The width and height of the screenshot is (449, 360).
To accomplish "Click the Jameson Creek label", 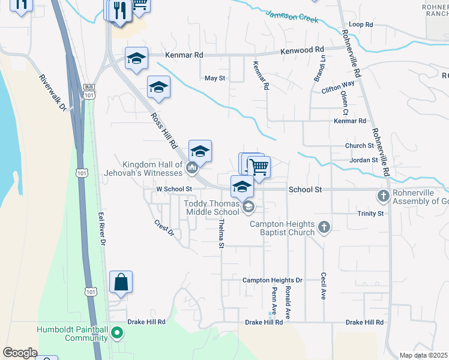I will [x=292, y=16].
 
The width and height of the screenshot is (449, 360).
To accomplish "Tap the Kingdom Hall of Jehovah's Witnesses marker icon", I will [x=192, y=168].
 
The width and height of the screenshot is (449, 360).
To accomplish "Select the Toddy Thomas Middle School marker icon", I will [x=248, y=207].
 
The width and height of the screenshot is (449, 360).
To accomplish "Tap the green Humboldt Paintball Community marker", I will [x=118, y=332].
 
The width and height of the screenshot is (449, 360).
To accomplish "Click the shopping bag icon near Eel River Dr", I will [x=121, y=282].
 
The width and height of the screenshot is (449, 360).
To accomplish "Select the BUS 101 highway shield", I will [x=89, y=91].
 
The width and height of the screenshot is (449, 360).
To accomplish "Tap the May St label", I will [x=215, y=79].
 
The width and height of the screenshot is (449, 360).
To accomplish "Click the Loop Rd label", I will [x=361, y=25].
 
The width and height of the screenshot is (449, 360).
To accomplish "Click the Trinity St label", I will [x=370, y=214].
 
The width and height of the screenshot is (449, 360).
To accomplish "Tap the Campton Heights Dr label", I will [x=272, y=280].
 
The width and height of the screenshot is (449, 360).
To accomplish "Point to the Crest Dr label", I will [x=163, y=228].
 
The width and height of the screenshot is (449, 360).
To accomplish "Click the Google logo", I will [x=20, y=353].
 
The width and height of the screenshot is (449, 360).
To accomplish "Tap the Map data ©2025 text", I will [x=423, y=355].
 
